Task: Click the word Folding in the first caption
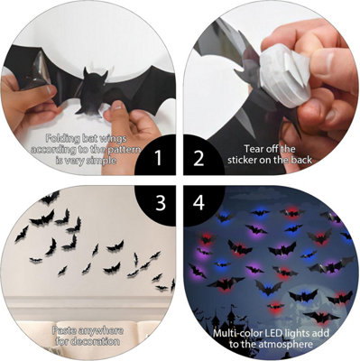64,138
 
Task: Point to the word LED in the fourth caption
285,332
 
